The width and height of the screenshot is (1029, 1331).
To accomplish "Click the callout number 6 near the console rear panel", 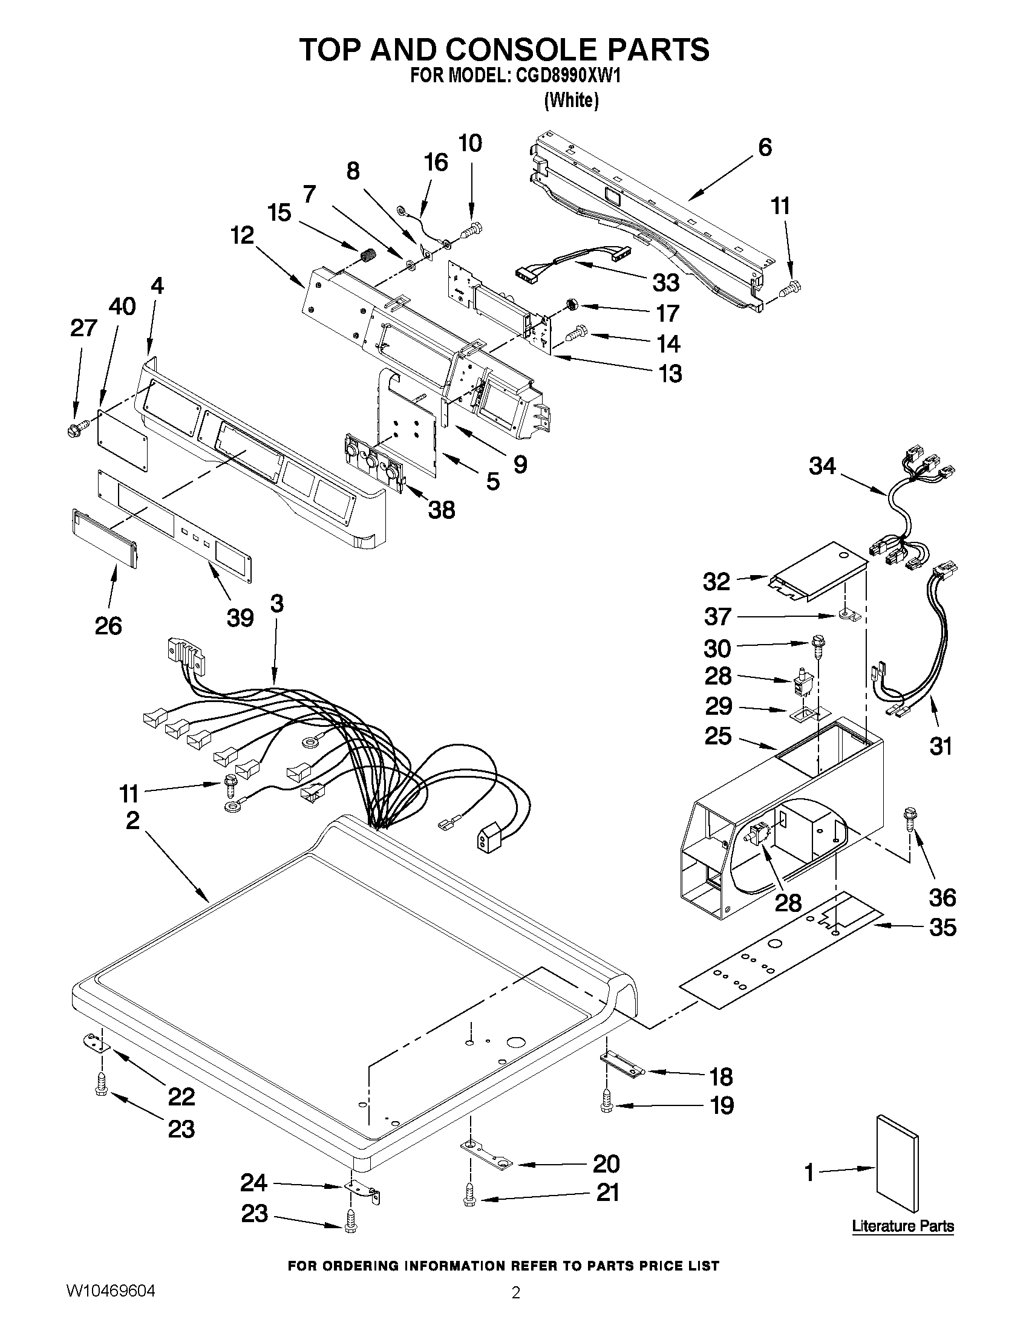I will click(x=765, y=148).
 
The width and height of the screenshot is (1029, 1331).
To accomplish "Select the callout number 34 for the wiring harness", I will click(x=822, y=466).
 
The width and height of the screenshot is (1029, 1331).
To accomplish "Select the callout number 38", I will click(x=442, y=510).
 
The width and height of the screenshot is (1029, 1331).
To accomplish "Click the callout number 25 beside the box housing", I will click(x=717, y=736).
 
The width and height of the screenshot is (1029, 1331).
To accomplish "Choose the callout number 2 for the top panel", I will click(x=132, y=820).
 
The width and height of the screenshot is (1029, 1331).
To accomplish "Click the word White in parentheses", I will click(x=571, y=100).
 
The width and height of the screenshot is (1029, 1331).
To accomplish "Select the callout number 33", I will click(x=665, y=283).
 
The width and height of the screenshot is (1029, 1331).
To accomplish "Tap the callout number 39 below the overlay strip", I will click(x=240, y=618).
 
